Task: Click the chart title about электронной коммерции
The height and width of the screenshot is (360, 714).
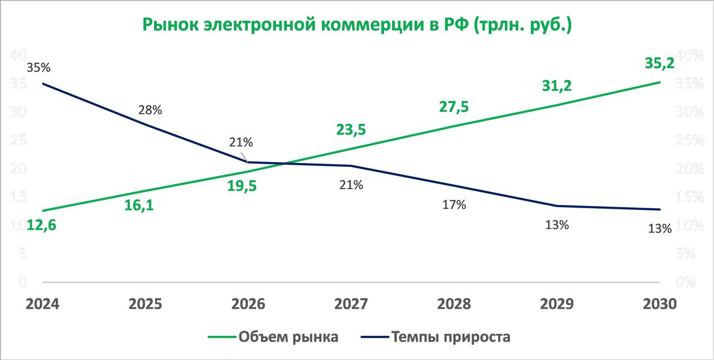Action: tap(357, 25)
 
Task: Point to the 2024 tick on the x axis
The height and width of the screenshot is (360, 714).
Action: tap(44, 304)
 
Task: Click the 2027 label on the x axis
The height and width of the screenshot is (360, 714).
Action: tap(351, 304)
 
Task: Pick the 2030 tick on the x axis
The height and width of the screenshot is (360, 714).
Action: tap(659, 304)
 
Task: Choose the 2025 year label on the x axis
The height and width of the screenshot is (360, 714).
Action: tap(146, 304)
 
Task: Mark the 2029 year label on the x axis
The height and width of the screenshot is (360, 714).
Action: tap(557, 304)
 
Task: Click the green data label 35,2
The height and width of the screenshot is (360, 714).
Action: tap(659, 63)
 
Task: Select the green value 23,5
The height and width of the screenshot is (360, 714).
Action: tap(351, 129)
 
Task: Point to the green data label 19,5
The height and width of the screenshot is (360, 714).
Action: tap(242, 186)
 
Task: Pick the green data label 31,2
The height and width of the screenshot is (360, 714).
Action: tap(557, 86)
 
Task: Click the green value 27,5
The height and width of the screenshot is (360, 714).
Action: tap(454, 107)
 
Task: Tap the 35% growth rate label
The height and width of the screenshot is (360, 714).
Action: tap(38, 68)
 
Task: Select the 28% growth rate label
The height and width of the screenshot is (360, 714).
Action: tap(150, 110)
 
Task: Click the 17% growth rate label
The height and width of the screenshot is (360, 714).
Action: tap(454, 205)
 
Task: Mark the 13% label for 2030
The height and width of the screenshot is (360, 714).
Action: tap(660, 228)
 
